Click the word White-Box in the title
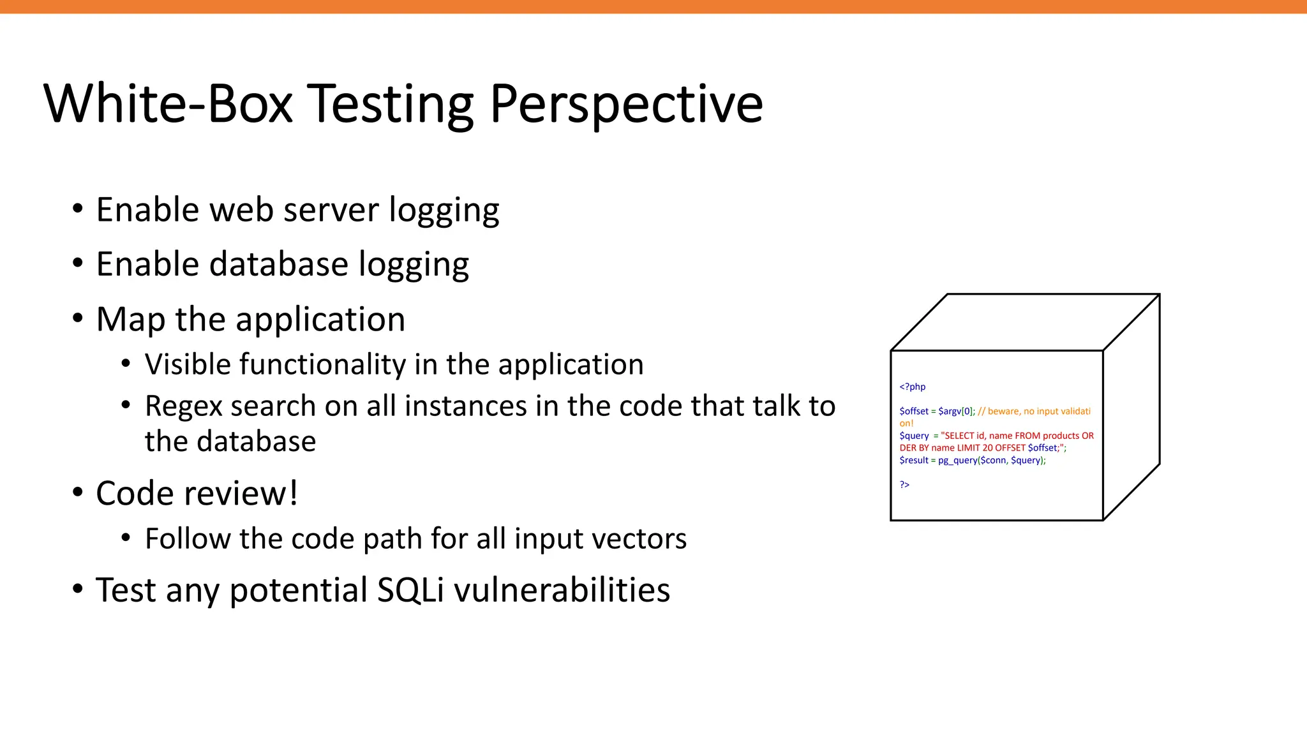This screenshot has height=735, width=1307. click(168, 103)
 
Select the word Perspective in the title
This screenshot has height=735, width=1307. click(626, 105)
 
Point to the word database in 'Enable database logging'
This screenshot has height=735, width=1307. click(280, 264)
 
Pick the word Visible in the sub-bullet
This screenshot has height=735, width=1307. click(188, 364)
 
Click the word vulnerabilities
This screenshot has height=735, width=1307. click(562, 590)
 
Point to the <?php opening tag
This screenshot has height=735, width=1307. click(912, 387)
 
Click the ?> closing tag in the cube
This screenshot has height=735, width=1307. click(904, 485)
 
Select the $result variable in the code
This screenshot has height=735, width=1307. click(914, 460)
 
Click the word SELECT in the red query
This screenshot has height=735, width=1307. click(959, 436)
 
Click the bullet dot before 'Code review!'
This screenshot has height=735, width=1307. click(78, 493)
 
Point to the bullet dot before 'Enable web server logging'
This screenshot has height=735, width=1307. click(78, 209)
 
